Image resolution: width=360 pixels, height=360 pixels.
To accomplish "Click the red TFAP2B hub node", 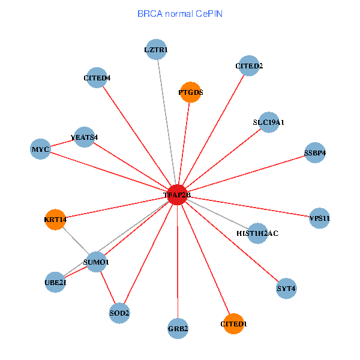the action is click(x=177, y=195).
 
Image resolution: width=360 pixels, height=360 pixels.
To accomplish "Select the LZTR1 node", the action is click(x=156, y=49).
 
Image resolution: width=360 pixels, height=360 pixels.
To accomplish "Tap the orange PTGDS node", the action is click(x=191, y=92).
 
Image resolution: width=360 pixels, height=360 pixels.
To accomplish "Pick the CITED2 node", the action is click(x=249, y=65).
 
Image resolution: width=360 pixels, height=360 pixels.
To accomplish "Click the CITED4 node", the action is click(x=97, y=77).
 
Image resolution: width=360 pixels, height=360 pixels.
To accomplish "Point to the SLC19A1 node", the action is click(x=269, y=122).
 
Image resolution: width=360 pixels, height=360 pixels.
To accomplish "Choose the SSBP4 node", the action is click(x=315, y=152).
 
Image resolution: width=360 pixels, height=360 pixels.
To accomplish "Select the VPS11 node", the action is click(x=319, y=218).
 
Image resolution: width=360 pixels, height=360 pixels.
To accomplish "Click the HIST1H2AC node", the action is click(x=257, y=233).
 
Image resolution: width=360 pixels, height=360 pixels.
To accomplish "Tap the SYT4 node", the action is click(x=286, y=289).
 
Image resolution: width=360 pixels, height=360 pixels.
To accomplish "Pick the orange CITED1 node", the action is click(x=233, y=324).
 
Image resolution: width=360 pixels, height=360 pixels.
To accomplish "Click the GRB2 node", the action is click(x=178, y=329).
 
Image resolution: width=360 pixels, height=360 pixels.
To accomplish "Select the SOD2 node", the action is click(x=119, y=313).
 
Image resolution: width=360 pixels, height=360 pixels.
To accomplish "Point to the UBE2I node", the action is click(x=55, y=282).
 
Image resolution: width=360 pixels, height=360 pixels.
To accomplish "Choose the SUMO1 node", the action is click(x=96, y=262).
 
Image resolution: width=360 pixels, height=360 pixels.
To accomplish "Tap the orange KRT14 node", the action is click(x=55, y=220).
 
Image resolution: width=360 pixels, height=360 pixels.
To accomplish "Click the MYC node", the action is click(x=40, y=149).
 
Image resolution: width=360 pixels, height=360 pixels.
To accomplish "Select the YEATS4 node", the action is click(x=85, y=137).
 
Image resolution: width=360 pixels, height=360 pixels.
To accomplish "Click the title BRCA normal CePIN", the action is click(x=180, y=14).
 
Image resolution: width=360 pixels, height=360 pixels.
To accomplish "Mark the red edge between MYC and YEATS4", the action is click(x=62, y=143).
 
